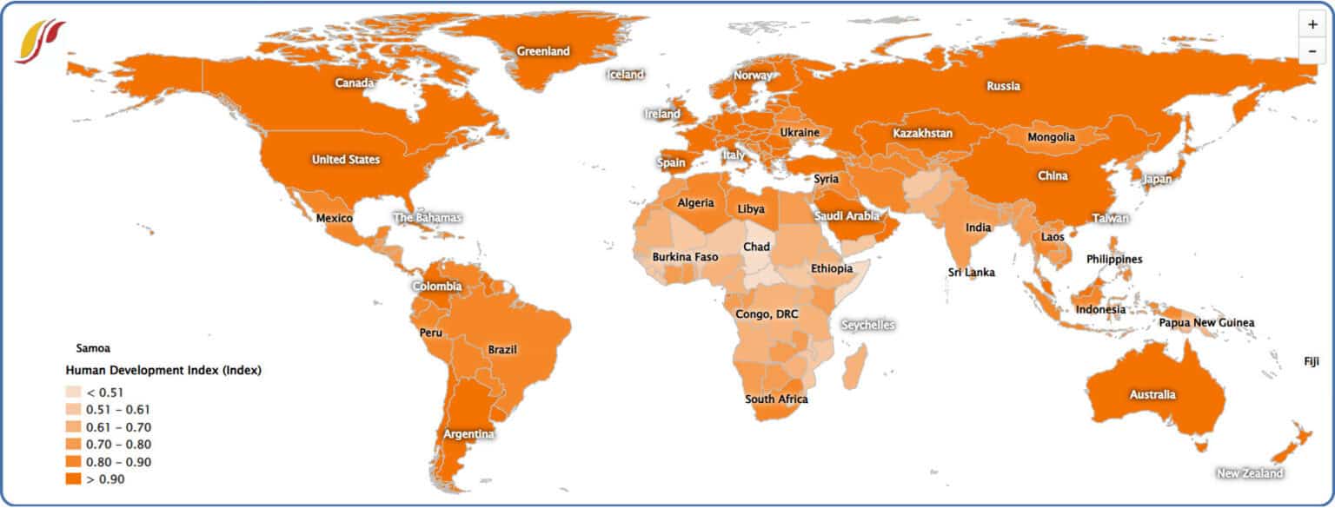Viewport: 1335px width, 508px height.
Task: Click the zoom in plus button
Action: (1312, 24)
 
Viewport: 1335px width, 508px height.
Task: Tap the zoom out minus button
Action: (1312, 51)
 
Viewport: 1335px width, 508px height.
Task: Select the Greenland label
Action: (543, 51)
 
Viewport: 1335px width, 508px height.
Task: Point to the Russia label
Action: (1003, 86)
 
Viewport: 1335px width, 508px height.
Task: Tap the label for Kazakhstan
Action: (923, 134)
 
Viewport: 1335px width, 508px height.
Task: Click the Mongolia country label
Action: (1051, 137)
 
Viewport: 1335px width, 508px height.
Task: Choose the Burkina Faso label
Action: (686, 257)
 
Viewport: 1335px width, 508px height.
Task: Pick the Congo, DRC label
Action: (767, 313)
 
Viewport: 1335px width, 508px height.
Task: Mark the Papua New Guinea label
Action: (1206, 323)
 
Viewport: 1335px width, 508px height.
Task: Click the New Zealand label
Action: (1250, 473)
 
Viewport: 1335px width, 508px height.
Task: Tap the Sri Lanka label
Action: (972, 273)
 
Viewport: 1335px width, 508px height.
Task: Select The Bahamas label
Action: (428, 218)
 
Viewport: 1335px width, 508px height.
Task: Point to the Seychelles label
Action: (867, 325)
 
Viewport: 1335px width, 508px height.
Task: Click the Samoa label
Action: (94, 348)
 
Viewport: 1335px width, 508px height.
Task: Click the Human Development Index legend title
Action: (163, 371)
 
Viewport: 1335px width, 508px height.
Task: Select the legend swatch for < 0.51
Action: (73, 392)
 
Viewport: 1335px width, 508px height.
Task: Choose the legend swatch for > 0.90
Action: (73, 478)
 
